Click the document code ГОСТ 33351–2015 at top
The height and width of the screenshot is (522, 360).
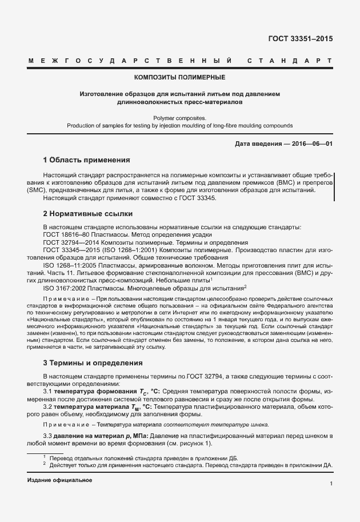click(301, 39)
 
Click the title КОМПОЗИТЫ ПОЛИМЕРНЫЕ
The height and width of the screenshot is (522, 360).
click(179, 77)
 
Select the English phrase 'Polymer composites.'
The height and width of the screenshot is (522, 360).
click(179, 117)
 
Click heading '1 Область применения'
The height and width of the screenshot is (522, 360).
click(87, 160)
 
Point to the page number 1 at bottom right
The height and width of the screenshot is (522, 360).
click(331, 484)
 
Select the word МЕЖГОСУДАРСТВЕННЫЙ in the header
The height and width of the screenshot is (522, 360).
click(130, 61)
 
